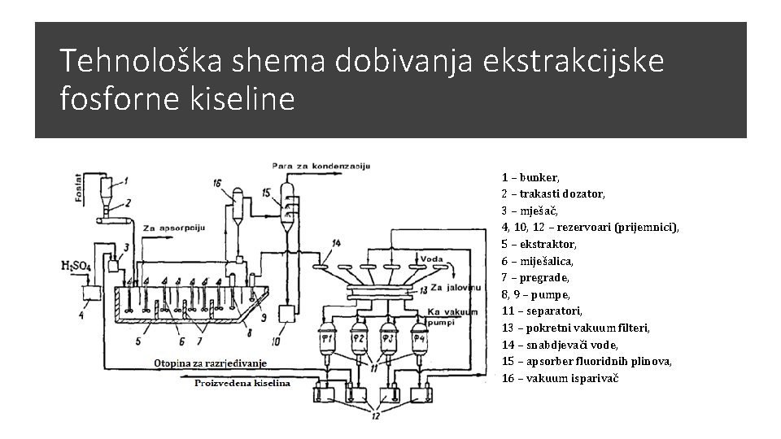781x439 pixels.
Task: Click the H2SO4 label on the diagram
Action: [x=76, y=266]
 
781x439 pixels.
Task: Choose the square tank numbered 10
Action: [x=287, y=313]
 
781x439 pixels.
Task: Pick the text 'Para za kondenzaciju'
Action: [x=321, y=166]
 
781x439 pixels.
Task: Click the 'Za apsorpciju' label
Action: [x=172, y=228]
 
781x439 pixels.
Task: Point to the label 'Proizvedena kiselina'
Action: [x=242, y=383]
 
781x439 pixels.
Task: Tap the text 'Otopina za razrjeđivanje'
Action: [x=210, y=363]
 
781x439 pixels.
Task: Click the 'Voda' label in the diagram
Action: [x=433, y=259]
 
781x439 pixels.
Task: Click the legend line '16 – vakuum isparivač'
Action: [x=560, y=378]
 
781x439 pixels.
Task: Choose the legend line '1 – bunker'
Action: [x=530, y=176]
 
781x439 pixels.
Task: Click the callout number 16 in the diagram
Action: [x=216, y=184]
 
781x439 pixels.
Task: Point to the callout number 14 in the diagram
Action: [x=337, y=243]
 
